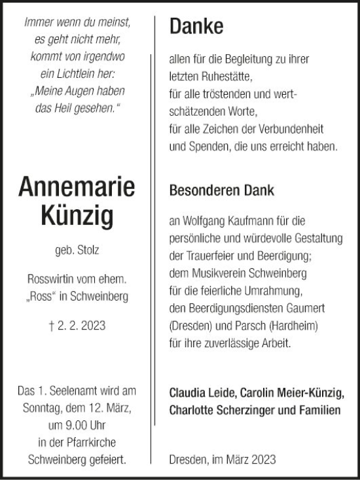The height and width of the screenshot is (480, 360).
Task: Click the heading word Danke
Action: [x=196, y=26]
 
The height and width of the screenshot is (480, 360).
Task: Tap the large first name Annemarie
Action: [x=77, y=188]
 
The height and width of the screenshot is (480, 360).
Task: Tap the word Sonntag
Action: [x=39, y=409]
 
